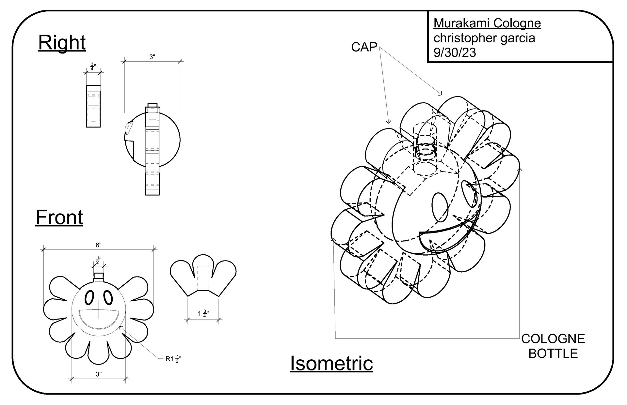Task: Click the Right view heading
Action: [62, 43]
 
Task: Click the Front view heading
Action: [59, 217]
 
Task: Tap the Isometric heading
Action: [331, 363]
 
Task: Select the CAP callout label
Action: [364, 47]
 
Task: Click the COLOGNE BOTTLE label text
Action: [553, 346]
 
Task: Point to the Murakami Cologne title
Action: [487, 23]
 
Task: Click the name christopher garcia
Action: [484, 38]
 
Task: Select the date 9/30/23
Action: [455, 52]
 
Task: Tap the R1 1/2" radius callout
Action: [173, 359]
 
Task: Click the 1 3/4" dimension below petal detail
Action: [203, 314]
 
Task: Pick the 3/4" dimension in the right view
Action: [93, 67]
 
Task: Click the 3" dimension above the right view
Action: [152, 57]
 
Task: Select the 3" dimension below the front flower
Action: [99, 374]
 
